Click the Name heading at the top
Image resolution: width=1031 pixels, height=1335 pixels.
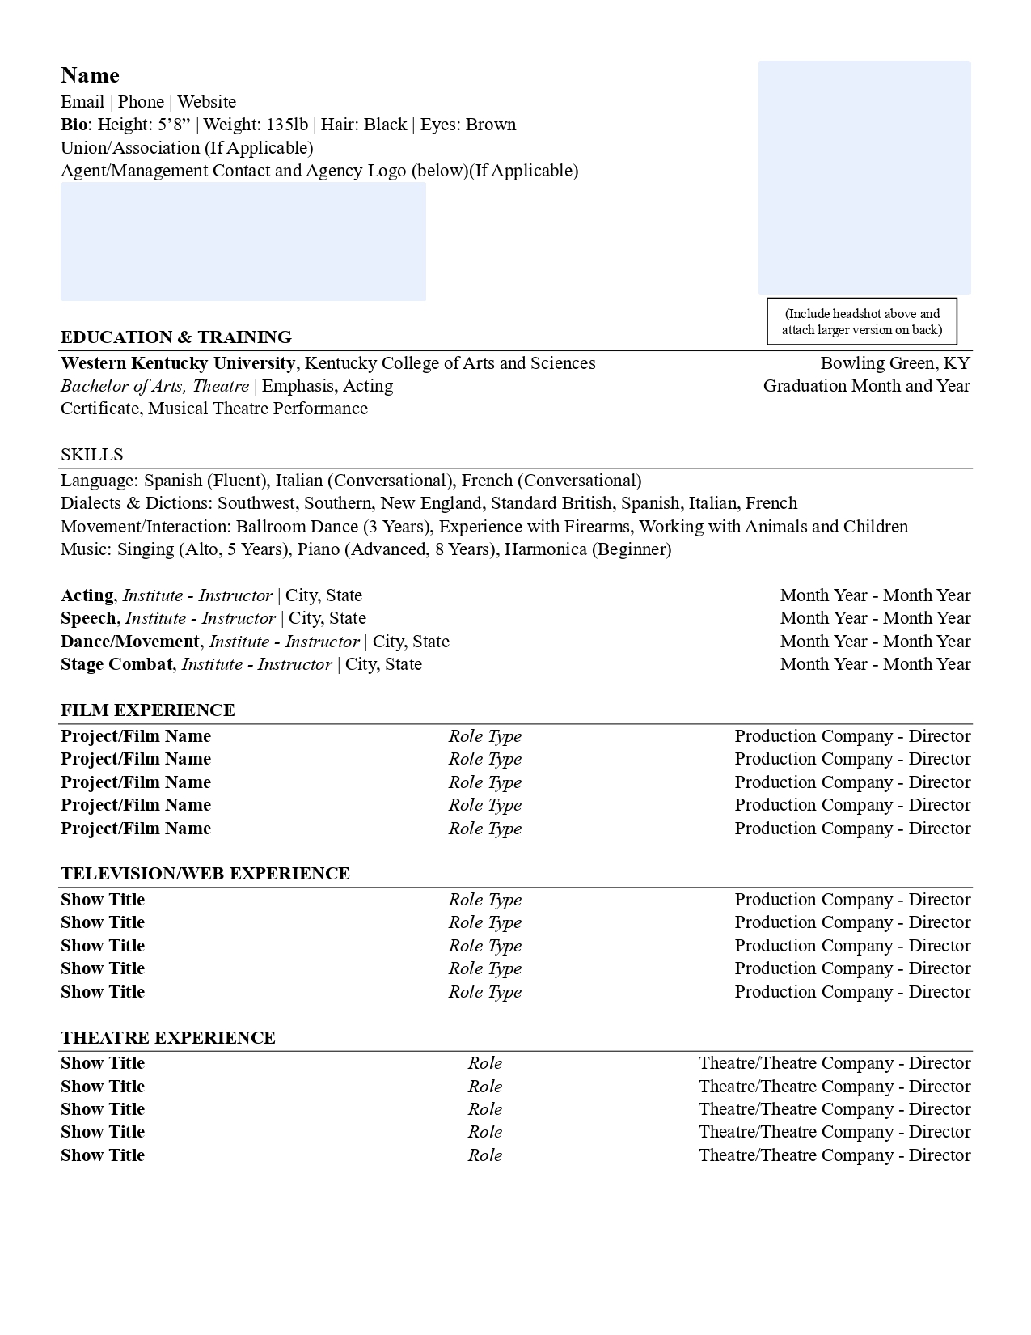coord(90,75)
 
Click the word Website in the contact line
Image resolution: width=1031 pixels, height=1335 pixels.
coord(207,102)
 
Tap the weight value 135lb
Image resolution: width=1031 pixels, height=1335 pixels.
coord(287,125)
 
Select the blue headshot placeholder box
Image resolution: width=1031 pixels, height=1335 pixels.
coord(864,177)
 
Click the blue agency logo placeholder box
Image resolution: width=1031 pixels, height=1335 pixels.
coord(243,241)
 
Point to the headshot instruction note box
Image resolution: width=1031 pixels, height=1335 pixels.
coord(861,321)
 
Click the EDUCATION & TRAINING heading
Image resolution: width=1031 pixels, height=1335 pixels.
coord(175,337)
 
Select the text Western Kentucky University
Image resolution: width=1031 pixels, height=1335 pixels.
coord(177,363)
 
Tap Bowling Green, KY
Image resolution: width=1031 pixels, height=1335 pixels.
coord(894,363)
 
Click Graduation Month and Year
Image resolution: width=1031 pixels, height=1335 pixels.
coord(866,386)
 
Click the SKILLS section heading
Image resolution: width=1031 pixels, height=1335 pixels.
coord(91,455)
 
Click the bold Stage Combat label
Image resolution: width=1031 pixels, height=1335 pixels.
coord(116,664)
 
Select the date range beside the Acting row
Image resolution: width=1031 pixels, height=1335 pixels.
coord(875,595)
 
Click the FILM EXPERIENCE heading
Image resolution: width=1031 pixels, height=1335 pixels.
coord(147,710)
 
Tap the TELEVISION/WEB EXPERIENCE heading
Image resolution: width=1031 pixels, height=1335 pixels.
coord(205,874)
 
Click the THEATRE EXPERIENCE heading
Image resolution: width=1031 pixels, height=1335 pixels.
coord(167,1038)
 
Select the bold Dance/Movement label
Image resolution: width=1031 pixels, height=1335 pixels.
coord(129,642)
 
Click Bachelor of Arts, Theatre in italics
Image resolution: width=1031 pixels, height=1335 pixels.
coord(154,386)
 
